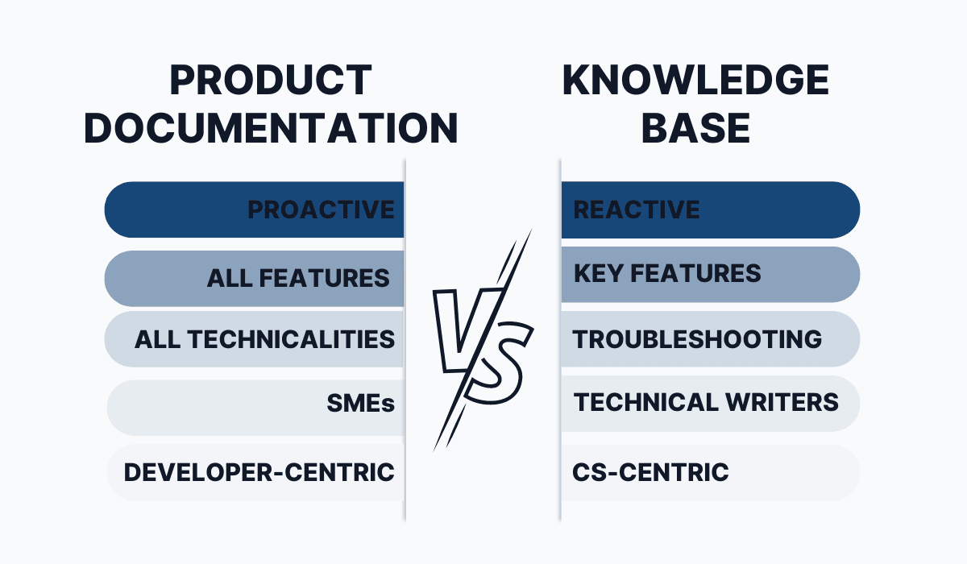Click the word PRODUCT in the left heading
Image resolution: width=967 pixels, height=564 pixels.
271,81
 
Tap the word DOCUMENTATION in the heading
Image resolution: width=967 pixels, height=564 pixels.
271,128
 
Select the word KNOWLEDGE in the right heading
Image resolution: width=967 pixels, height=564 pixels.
695,81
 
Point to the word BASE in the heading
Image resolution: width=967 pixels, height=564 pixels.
695,128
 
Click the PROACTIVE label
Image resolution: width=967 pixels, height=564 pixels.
321,209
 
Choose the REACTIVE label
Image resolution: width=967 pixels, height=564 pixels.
637,209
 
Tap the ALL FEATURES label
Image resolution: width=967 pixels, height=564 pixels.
298,278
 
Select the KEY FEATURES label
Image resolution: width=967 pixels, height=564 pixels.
667,274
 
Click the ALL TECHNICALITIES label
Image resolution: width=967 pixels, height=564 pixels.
264,339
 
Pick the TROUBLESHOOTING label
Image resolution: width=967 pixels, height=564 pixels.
697,339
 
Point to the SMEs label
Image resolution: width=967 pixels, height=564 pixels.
360,404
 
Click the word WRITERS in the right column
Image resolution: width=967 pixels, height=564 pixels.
782,402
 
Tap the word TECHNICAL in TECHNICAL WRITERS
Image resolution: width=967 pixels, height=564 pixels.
645,402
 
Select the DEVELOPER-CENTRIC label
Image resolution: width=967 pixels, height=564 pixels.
259,472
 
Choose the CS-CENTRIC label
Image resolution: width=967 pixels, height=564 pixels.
650,472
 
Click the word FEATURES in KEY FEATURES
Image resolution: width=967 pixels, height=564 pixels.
695,274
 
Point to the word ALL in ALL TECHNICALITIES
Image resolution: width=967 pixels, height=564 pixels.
157,339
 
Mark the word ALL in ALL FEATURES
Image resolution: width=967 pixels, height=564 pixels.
230,278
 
